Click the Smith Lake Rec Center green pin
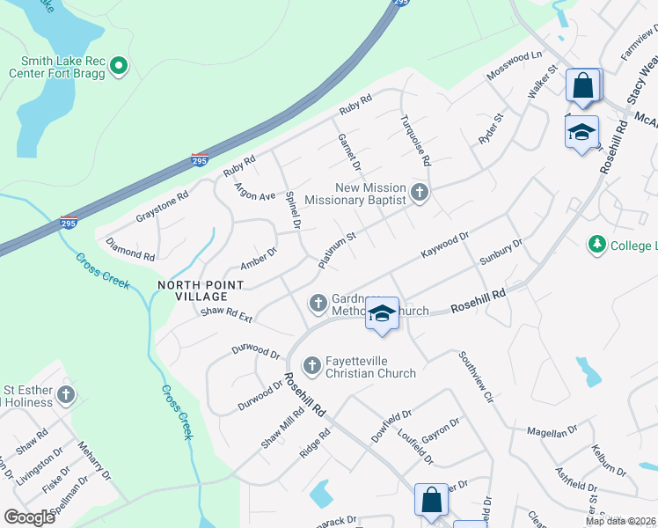[120, 65]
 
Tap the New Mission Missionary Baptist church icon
[420, 193]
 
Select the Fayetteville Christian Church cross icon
[311, 364]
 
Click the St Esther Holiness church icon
[66, 395]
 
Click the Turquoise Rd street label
[415, 141]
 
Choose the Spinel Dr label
[293, 212]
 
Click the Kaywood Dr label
[445, 246]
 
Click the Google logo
[29, 517]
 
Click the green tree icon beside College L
[597, 244]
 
